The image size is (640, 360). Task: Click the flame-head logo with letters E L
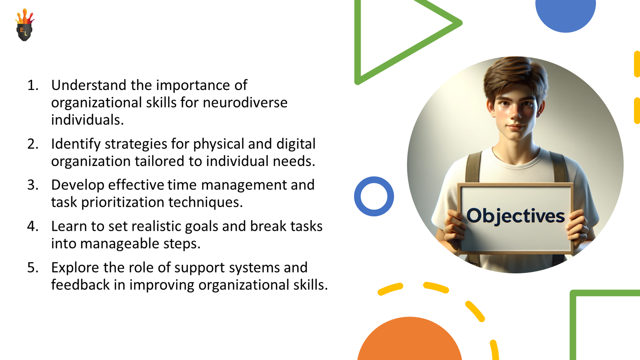24,26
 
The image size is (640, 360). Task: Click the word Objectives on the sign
515,216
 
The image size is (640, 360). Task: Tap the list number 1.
33,85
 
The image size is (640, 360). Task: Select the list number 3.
33,185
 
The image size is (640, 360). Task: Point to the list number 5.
33,267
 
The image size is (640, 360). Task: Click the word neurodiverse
245,102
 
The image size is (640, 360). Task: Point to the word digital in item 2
296,144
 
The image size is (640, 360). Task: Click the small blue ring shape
374,196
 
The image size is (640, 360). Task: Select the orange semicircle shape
410,342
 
